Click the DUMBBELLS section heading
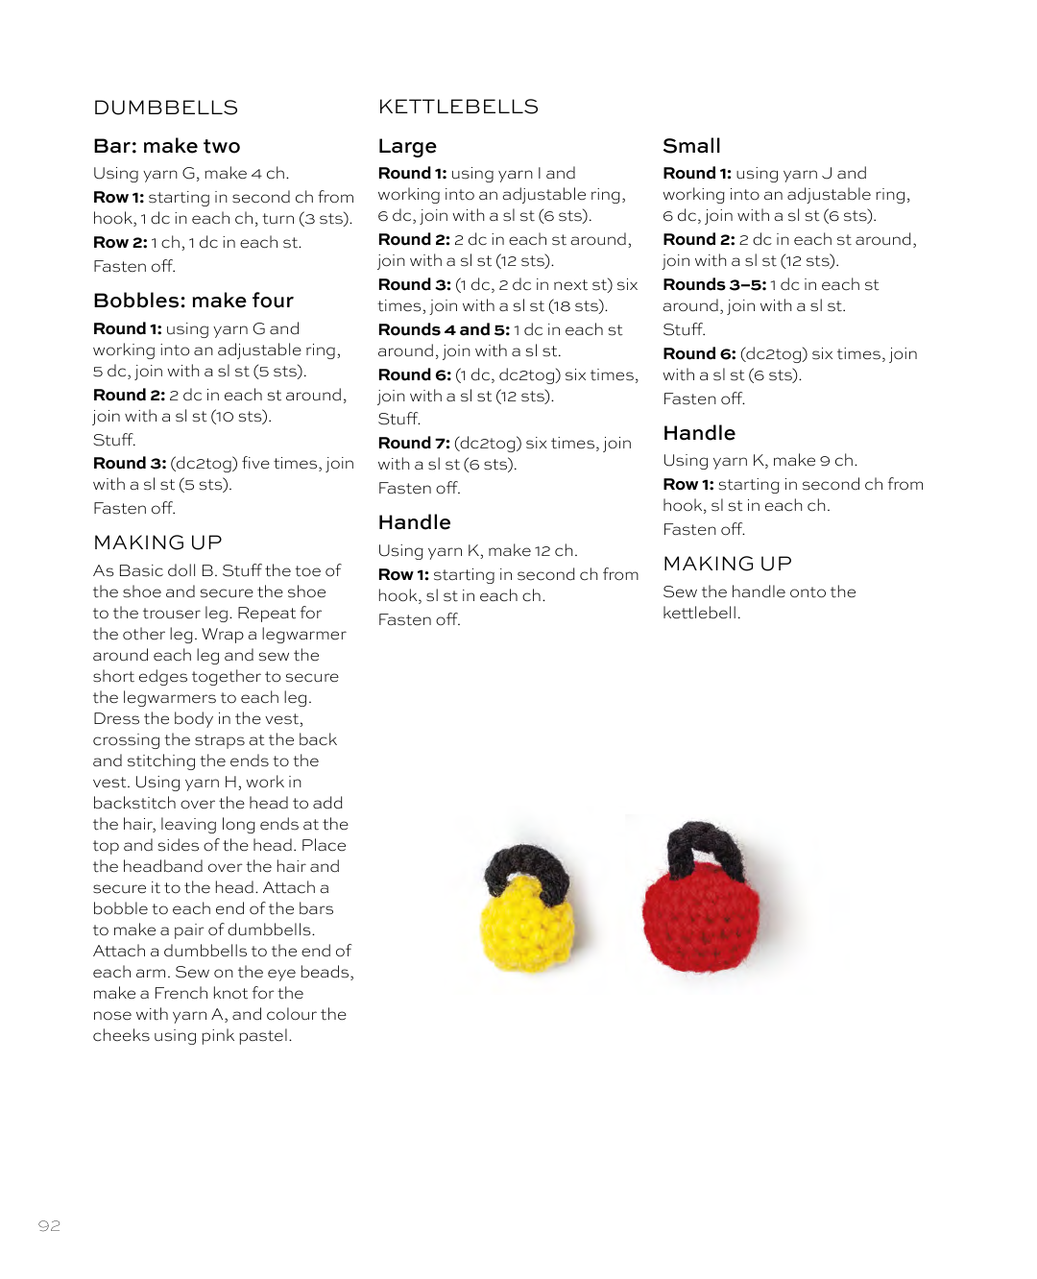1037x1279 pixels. point(165,108)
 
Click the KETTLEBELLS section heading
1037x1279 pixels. point(458,107)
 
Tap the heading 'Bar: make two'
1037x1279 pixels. point(166,146)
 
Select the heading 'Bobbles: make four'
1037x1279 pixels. point(193,301)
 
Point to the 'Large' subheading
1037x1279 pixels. point(407,146)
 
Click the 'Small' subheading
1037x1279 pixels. point(691,146)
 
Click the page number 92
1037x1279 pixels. point(49,1225)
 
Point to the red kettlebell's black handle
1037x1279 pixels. point(705,841)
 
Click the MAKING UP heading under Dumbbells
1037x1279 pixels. point(157,543)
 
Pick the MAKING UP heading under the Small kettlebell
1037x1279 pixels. point(727,564)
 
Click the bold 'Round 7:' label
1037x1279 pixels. point(414,443)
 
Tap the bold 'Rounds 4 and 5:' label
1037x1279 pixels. point(444,329)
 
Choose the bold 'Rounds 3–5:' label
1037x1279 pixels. point(714,284)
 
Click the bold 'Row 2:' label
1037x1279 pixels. point(120,242)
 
